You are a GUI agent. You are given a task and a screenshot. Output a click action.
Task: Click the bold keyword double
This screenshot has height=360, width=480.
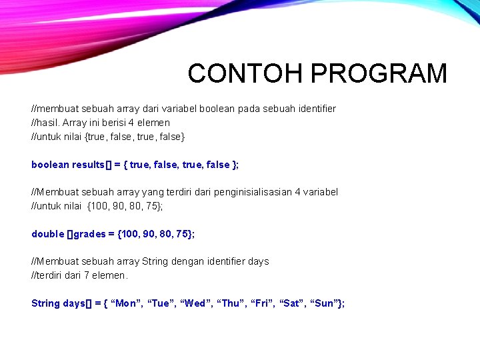47,233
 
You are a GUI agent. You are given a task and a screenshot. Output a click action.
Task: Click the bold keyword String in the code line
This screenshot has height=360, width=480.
45,303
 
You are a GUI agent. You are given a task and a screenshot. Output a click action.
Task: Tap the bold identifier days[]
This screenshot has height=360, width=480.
77,303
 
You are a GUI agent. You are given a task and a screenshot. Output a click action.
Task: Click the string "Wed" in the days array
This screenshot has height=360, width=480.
197,303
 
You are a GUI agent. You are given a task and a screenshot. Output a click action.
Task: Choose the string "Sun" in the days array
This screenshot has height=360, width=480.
327,303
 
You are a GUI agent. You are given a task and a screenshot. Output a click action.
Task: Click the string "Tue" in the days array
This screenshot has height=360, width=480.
161,303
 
